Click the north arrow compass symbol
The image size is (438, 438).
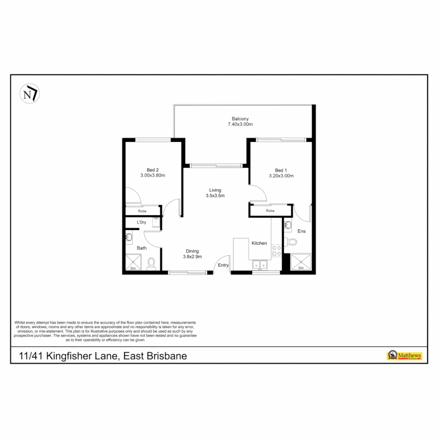tap(30, 94)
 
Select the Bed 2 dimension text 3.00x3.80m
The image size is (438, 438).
tap(152, 176)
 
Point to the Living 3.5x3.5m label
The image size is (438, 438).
tap(215, 193)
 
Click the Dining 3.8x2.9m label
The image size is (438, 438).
tap(192, 253)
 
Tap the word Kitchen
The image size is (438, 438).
tap(259, 243)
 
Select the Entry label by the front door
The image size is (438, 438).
tap(223, 265)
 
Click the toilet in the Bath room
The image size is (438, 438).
tap(151, 263)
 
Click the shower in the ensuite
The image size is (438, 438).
tap(301, 262)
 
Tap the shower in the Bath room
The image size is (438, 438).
tap(133, 262)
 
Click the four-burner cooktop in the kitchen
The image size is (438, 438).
tap(276, 251)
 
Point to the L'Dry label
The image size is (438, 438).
tap(142, 222)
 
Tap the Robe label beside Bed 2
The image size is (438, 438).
tap(142, 211)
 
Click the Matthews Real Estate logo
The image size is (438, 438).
tap(404, 356)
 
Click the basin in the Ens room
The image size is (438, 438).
tap(288, 224)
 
